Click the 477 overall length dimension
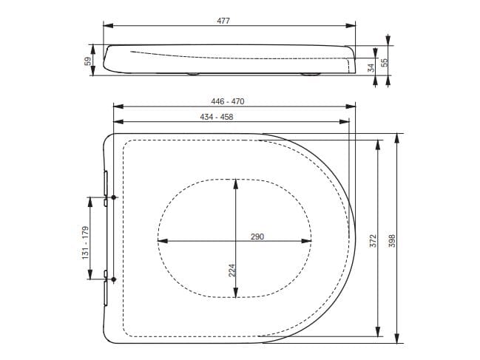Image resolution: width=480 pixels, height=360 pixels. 223,21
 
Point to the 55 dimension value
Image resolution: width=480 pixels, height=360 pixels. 385,64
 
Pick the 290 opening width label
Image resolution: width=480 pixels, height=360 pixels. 257,237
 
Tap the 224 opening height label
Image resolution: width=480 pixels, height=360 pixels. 231,271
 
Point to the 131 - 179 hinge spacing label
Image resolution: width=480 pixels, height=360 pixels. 86,241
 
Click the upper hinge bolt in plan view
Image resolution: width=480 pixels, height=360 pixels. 114,197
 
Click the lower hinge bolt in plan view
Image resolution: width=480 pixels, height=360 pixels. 114,279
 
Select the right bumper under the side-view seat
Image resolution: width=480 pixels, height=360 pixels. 309,74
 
